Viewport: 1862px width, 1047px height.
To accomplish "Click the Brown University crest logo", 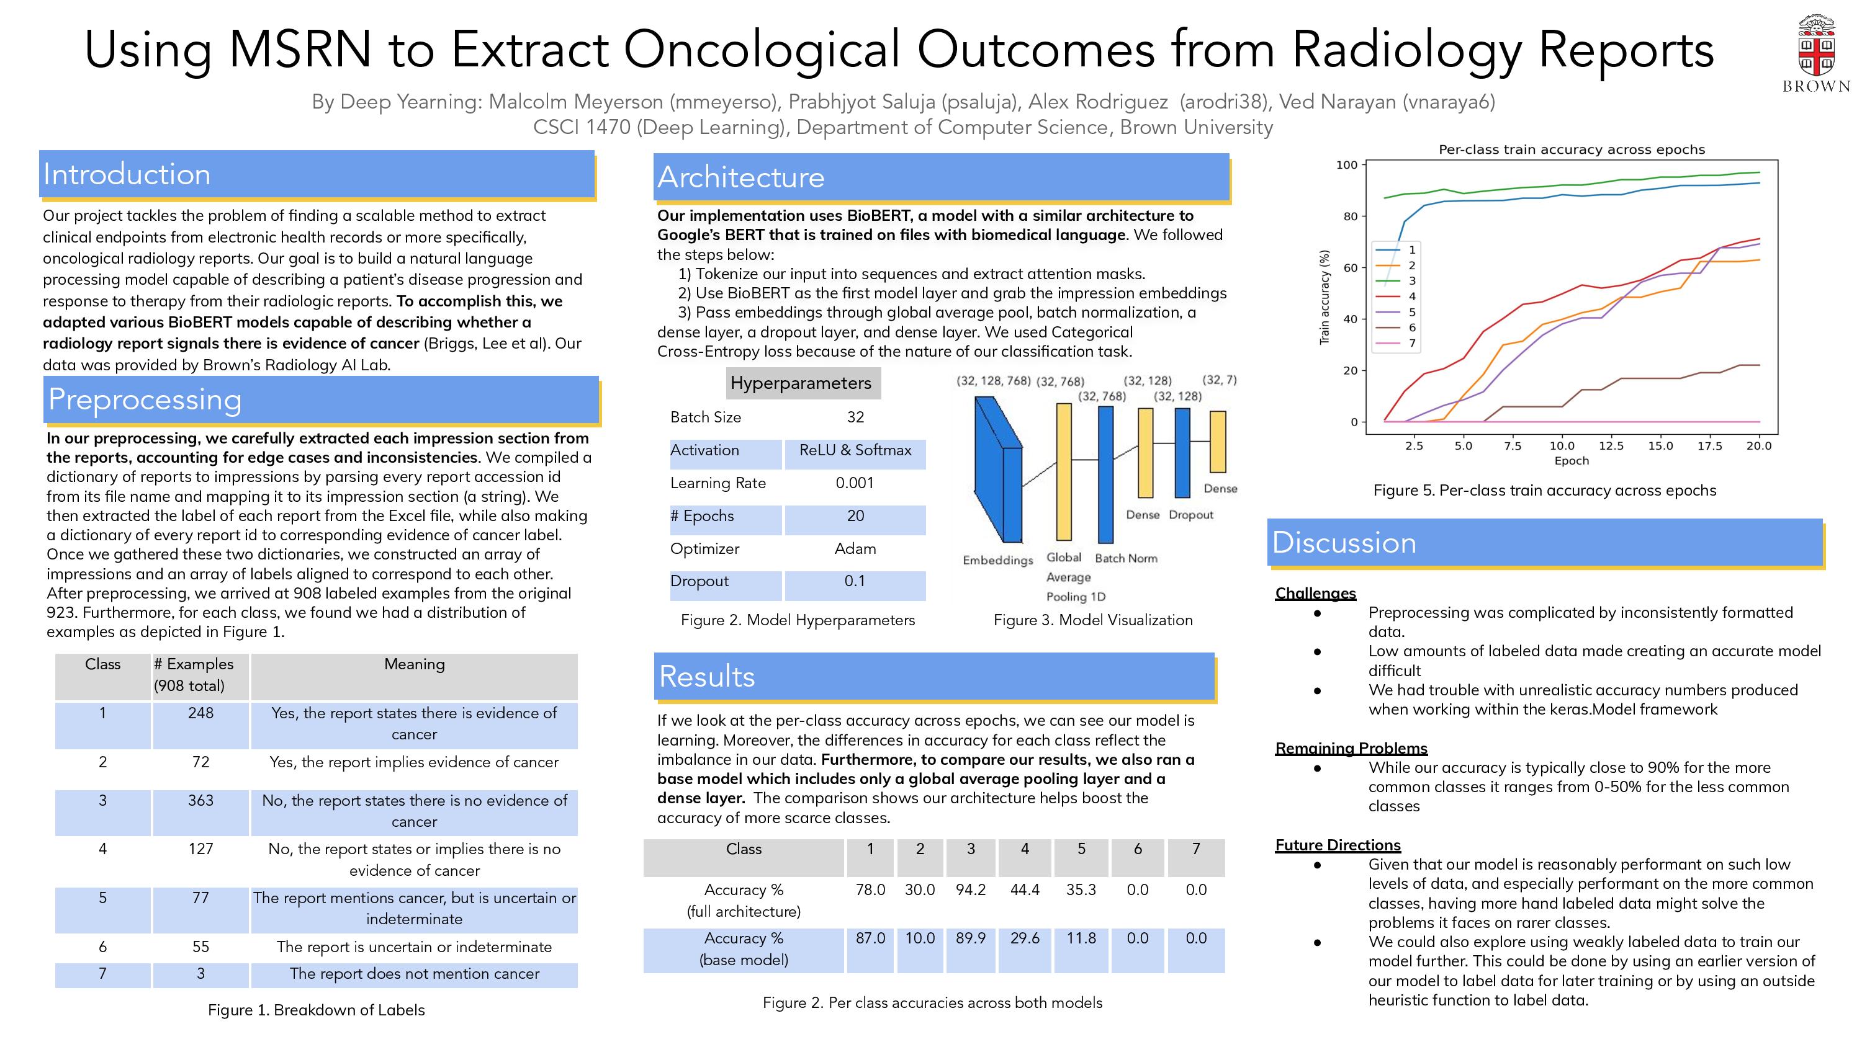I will pyautogui.click(x=1815, y=48).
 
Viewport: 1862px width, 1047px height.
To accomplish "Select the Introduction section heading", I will pyautogui.click(x=127, y=175).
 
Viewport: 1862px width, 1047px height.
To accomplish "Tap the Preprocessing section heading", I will pyautogui.click(x=145, y=399).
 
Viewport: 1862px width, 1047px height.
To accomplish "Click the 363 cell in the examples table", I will pyautogui.click(x=200, y=801).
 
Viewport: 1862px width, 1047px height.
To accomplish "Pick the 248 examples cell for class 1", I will pyautogui.click(x=200, y=713).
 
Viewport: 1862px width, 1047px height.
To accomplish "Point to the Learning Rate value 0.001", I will pyautogui.click(x=855, y=483).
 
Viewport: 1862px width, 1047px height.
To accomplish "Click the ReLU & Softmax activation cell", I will pyautogui.click(x=855, y=450).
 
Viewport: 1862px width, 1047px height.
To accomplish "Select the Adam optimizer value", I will pyautogui.click(x=855, y=548).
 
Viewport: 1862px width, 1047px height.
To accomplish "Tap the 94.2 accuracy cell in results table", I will pyautogui.click(x=970, y=889).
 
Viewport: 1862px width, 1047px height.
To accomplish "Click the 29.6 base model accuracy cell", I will pyautogui.click(x=1024, y=938).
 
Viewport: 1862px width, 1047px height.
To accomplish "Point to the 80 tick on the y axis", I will pyautogui.click(x=1349, y=216).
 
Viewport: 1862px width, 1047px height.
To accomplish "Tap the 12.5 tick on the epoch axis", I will pyautogui.click(x=1611, y=446).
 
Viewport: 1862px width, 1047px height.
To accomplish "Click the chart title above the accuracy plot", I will pyautogui.click(x=1572, y=149).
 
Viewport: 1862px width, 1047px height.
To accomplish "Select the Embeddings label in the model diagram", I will pyautogui.click(x=997, y=560).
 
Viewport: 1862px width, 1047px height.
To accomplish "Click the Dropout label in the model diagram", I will pyautogui.click(x=1190, y=514).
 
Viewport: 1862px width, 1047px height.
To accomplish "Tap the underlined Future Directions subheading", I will pyautogui.click(x=1338, y=845).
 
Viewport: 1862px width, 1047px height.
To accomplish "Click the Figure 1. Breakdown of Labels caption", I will pyautogui.click(x=316, y=1009).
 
